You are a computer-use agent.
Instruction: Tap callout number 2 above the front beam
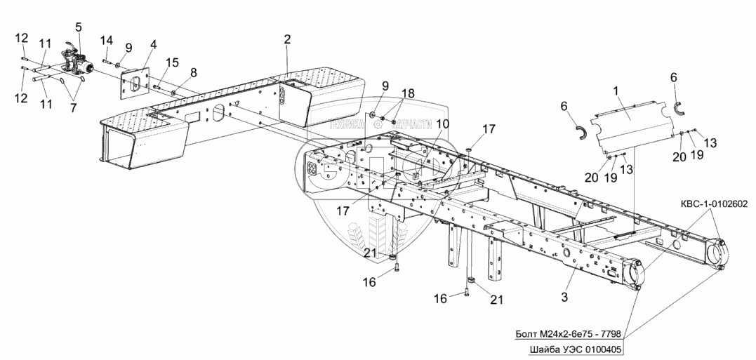[287, 40]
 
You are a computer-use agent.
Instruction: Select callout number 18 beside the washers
[408, 94]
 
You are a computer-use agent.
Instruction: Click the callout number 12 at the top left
[22, 36]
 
